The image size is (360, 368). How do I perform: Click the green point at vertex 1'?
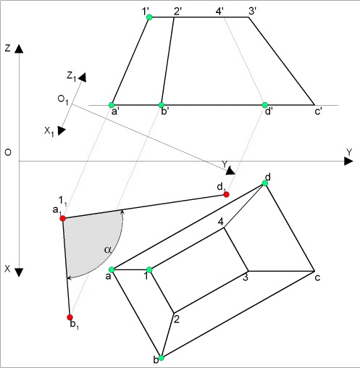tap(149, 17)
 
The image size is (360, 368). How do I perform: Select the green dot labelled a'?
tap(112, 105)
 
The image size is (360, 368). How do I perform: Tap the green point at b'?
tap(162, 105)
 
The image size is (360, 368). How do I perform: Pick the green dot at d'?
tap(265, 105)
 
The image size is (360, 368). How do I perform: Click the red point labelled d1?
tap(226, 194)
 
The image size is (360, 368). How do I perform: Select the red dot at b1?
tap(70, 317)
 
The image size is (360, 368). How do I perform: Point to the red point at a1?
tap(62, 218)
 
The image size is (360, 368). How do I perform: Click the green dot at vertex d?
tap(265, 183)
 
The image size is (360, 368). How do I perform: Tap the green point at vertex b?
tap(162, 358)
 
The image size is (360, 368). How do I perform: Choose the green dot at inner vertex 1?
tap(149, 269)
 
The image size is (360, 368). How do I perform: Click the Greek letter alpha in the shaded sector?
tap(108, 250)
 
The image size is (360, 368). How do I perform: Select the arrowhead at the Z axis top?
tap(19, 49)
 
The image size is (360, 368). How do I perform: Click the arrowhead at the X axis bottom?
tap(19, 272)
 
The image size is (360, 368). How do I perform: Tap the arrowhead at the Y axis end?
tap(348, 161)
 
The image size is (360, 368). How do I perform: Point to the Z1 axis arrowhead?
tap(83, 78)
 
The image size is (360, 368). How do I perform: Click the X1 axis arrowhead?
tap(62, 131)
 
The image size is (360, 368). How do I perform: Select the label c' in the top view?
tap(318, 112)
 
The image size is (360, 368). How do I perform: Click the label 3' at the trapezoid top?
tap(252, 11)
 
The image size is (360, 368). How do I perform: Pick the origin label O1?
tap(63, 100)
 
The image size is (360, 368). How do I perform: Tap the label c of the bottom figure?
tap(317, 278)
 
